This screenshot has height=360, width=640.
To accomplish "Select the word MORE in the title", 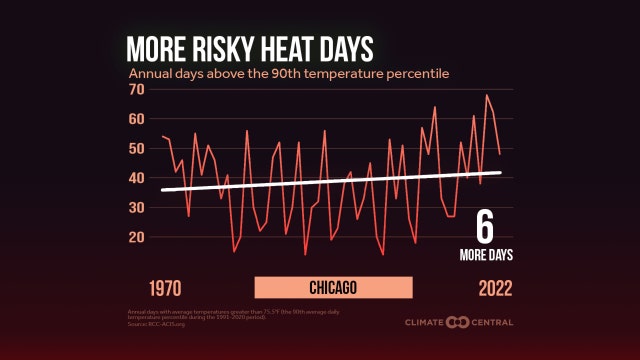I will [156, 50].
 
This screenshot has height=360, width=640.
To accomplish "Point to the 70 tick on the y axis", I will [138, 90].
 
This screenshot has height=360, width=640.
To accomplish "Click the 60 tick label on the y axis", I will [138, 119].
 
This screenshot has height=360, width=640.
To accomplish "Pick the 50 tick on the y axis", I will [138, 149].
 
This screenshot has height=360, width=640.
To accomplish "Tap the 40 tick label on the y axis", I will [138, 178].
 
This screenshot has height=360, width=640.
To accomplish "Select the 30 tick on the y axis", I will [138, 208].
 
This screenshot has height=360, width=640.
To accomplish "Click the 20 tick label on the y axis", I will [138, 237].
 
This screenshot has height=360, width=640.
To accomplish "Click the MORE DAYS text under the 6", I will [487, 254].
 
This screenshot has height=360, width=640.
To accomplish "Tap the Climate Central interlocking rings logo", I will [458, 322].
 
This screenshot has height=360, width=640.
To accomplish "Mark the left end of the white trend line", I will [162, 190].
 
